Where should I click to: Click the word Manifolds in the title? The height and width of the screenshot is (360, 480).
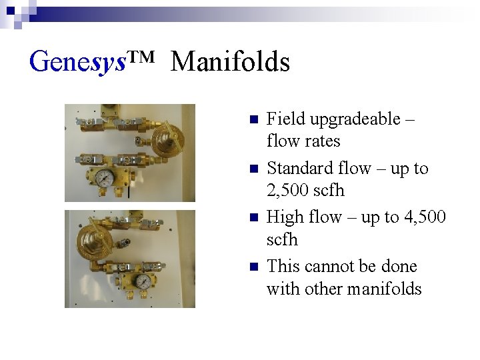(x=230, y=62)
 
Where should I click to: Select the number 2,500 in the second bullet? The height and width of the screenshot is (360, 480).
(x=290, y=191)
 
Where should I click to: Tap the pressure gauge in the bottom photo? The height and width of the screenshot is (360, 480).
(x=142, y=281)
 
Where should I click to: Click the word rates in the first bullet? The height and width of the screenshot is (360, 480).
(x=323, y=141)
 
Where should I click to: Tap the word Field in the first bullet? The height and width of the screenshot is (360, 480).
(x=285, y=119)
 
